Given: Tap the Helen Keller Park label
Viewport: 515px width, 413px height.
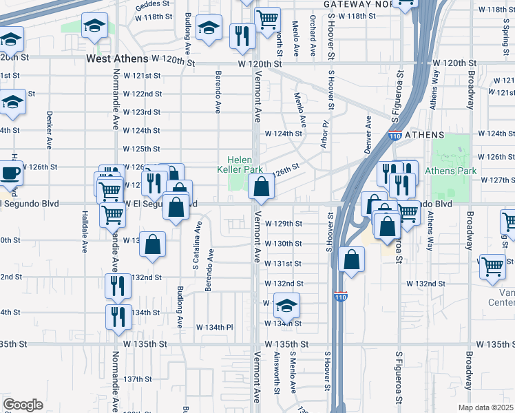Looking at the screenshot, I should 240,164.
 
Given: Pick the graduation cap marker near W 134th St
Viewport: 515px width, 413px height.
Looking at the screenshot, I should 286,305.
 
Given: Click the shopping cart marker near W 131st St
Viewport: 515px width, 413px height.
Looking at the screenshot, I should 492,266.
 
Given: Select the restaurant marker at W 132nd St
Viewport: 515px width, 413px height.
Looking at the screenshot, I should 118,286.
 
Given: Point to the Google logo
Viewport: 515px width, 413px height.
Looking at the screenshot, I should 23,404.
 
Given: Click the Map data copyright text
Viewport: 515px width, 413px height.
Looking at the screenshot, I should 486,407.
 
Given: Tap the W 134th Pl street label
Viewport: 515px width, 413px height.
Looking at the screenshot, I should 216,327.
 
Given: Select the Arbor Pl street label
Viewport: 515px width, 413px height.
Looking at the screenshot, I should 324,132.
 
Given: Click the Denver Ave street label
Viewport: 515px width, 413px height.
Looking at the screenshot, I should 368,130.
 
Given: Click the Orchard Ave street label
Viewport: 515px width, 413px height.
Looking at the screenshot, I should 313,36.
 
